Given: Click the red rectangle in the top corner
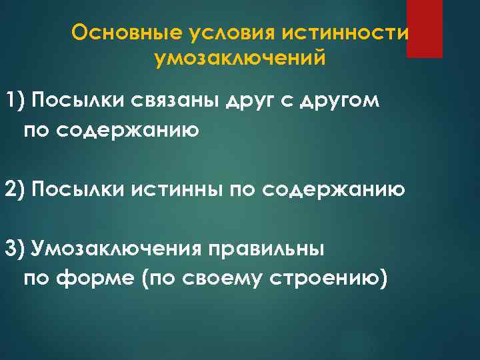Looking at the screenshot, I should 425,29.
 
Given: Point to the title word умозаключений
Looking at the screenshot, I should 240,59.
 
